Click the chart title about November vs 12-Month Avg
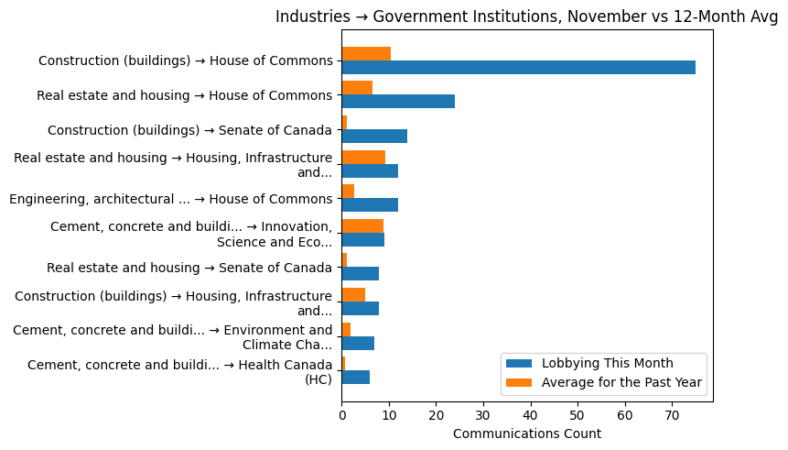click(x=526, y=16)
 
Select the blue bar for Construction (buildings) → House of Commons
click(x=518, y=67)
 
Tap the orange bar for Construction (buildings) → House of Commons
click(x=366, y=53)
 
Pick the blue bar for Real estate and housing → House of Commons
click(x=398, y=102)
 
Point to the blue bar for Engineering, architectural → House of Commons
click(x=370, y=205)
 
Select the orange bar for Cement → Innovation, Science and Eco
click(x=362, y=225)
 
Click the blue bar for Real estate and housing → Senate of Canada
click(x=361, y=274)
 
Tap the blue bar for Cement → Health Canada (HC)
click(x=356, y=378)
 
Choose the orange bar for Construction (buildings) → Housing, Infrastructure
click(x=353, y=294)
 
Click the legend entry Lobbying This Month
click(x=607, y=362)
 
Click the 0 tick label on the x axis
click(x=341, y=415)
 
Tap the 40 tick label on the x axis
click(x=531, y=415)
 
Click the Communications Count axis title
click(x=526, y=434)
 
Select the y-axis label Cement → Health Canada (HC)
click(x=179, y=371)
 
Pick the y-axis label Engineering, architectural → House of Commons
click(x=170, y=199)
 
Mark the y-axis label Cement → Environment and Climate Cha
click(x=172, y=336)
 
